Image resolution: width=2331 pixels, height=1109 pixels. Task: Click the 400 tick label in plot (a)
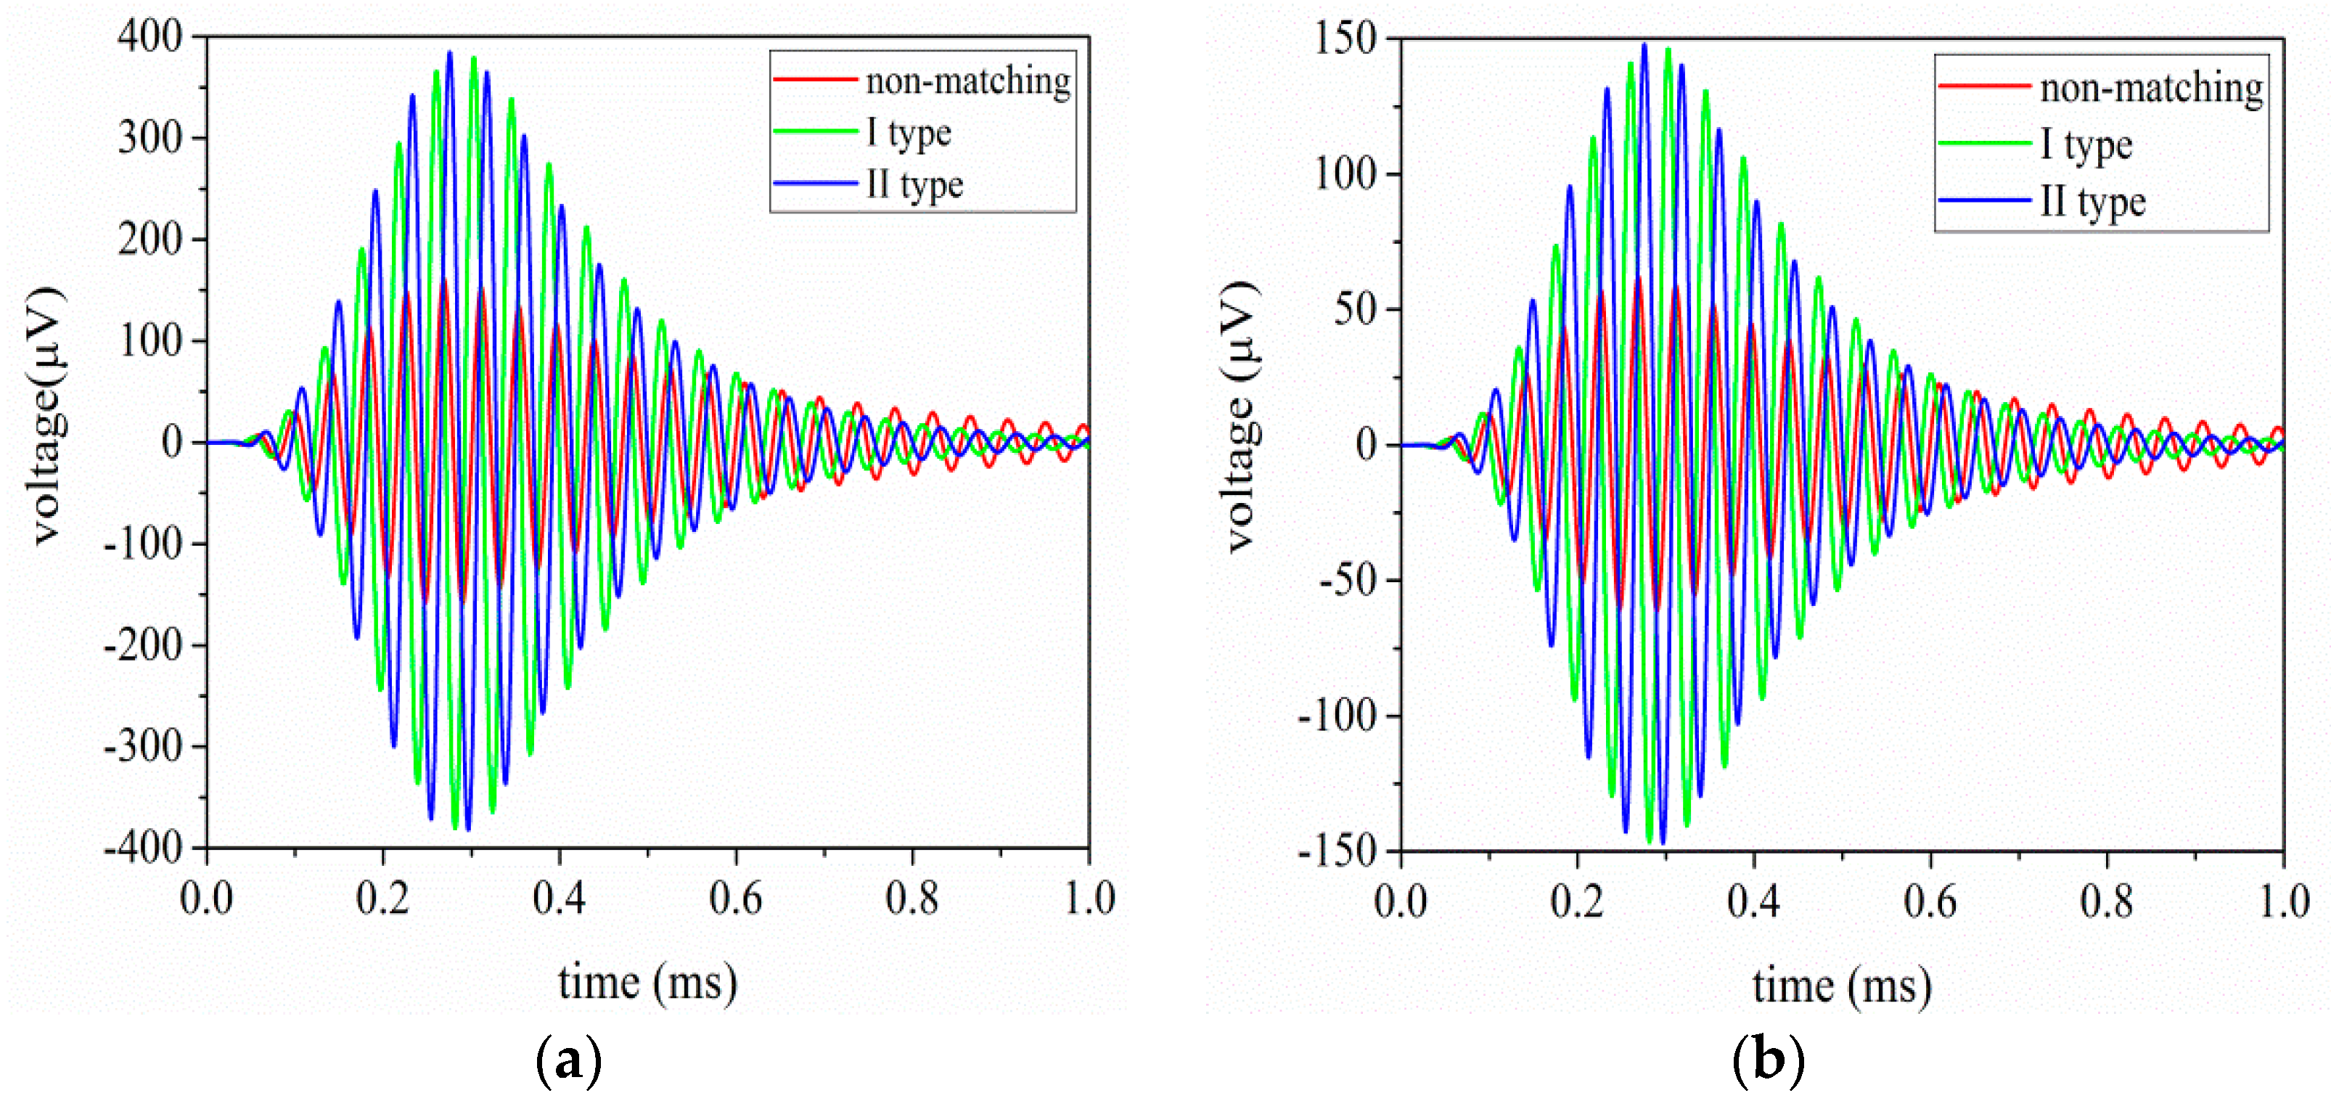[x=149, y=37]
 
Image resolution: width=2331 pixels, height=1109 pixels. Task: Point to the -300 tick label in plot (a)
[x=143, y=747]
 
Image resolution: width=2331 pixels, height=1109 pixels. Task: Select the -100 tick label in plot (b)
[x=1337, y=716]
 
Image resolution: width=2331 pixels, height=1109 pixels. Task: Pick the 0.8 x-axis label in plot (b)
[x=2106, y=901]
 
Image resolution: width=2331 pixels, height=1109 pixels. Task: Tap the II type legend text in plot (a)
[x=914, y=184]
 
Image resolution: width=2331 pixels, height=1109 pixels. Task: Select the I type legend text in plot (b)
[x=2086, y=145]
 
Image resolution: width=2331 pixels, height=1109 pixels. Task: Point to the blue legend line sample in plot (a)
[x=814, y=184]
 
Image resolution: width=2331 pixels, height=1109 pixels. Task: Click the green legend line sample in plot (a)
[x=814, y=132]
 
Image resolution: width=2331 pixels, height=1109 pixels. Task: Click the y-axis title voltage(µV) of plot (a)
[x=47, y=417]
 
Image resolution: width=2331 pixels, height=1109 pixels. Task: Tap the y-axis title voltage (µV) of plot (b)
[x=1242, y=417]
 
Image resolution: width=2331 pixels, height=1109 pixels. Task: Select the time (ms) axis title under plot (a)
[x=647, y=981]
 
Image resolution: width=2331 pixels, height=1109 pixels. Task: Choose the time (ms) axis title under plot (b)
[x=1841, y=985]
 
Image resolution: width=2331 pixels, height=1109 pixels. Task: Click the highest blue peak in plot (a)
[x=450, y=52]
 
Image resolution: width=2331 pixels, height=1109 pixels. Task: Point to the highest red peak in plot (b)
[x=1639, y=279]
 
